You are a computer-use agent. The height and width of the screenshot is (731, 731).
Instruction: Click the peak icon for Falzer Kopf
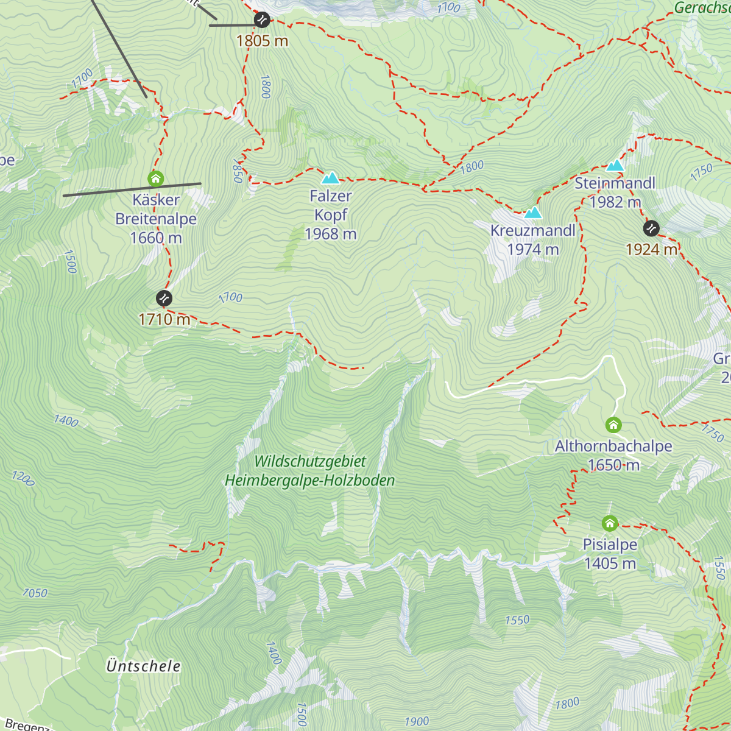point(331,178)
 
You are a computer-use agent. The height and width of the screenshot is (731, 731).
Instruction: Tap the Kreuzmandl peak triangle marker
point(533,213)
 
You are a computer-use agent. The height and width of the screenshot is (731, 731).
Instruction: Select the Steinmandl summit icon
point(615,166)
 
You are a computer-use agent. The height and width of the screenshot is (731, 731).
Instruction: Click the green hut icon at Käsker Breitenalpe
point(156,178)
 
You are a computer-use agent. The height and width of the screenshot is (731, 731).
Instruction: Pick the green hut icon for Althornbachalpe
point(613,425)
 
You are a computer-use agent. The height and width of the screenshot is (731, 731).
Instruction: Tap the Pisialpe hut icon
point(610,523)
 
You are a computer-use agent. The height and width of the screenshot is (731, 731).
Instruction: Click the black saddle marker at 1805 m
point(262,20)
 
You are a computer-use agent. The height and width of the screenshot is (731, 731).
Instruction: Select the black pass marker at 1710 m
point(164,298)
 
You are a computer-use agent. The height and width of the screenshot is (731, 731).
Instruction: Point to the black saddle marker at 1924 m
point(651,228)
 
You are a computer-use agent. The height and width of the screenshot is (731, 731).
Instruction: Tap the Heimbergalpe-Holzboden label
point(310,481)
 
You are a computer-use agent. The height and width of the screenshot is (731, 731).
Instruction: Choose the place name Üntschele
point(144,666)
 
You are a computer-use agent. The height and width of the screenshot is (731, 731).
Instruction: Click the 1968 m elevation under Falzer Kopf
point(331,234)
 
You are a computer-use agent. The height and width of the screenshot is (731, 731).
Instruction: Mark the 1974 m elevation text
point(533,249)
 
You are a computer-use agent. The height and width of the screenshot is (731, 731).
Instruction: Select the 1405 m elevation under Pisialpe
point(610,563)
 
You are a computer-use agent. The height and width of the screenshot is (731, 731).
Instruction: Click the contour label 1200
point(23,478)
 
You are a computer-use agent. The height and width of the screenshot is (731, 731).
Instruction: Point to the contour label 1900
point(417,722)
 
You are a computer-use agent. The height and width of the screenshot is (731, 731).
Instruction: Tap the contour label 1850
point(238,171)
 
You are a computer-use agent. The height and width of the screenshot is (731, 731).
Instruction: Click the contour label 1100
point(448,8)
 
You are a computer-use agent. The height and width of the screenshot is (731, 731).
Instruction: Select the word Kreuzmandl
point(533,230)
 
